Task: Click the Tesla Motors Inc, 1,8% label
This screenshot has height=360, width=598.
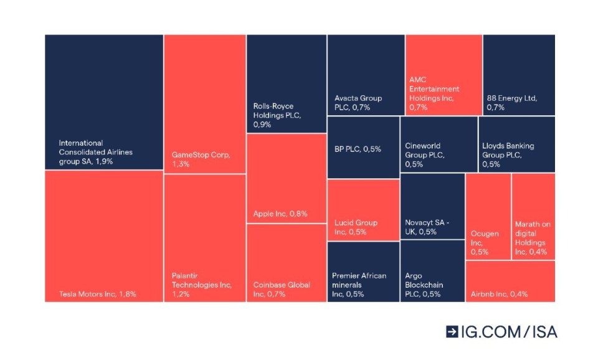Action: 97,294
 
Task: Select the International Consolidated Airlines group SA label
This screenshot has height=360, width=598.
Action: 95,152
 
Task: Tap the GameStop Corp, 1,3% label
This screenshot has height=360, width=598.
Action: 201,159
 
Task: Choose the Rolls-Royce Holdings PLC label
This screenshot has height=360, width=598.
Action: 273,115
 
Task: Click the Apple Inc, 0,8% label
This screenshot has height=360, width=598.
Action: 280,214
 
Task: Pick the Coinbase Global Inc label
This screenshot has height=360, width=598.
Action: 282,290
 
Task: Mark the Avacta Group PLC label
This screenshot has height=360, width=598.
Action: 358,103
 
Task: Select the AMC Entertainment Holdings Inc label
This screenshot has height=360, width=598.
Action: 434,93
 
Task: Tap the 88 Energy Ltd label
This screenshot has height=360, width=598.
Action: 512,103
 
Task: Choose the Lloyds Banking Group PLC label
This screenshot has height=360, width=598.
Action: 508,155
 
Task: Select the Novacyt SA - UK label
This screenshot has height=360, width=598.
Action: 427,227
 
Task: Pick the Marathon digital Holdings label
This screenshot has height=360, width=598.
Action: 533,238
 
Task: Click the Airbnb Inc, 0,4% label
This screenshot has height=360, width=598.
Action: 499,294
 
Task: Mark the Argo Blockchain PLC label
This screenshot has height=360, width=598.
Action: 424,285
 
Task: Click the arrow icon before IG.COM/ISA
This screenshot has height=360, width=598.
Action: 452,332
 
